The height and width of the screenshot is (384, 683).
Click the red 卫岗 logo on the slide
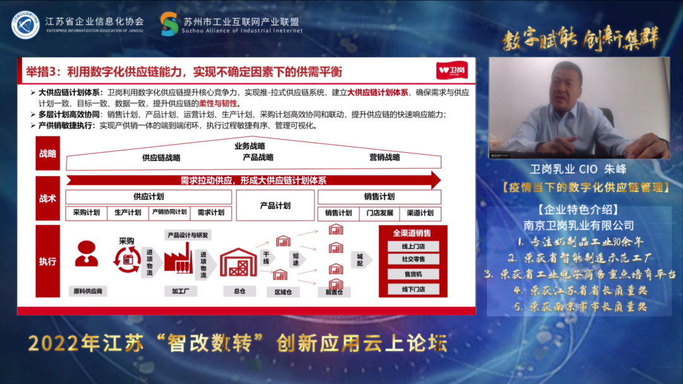[452, 71]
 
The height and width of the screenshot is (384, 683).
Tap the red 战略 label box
[48, 153]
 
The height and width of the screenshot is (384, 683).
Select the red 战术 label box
[48, 198]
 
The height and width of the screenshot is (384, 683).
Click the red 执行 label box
[48, 261]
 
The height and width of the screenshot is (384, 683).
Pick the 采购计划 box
[86, 213]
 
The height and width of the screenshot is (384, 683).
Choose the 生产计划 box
[128, 213]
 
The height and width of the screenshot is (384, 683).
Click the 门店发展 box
[380, 213]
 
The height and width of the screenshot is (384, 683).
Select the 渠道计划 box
[420, 213]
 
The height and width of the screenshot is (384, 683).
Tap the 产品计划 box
[275, 205]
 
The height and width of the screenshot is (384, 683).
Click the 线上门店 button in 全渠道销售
[413, 247]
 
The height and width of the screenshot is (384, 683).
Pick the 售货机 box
[413, 274]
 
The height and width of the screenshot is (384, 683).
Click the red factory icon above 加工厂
[178, 257]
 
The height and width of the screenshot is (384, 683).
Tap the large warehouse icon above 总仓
[238, 261]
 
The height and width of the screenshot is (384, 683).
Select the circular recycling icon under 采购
[126, 260]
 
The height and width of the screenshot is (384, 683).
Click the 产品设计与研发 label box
[188, 235]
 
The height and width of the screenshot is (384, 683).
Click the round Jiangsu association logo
[25, 25]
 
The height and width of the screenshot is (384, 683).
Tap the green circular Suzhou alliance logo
[169, 24]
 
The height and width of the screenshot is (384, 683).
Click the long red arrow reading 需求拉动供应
[253, 180]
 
